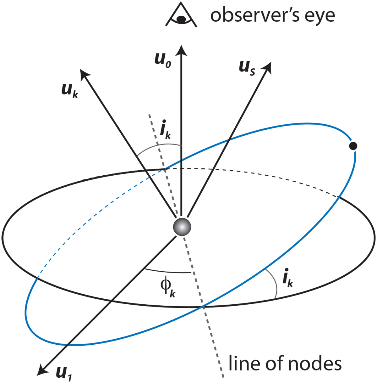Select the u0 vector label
[x=163, y=59]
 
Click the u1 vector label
[x=64, y=373]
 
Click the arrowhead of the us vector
[x=268, y=67]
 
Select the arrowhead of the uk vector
[x=84, y=74]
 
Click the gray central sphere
[x=182, y=227]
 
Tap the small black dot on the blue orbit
[x=353, y=146]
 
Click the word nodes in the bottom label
[x=314, y=364]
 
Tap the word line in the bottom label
[x=244, y=364]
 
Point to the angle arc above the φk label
[x=168, y=271]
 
